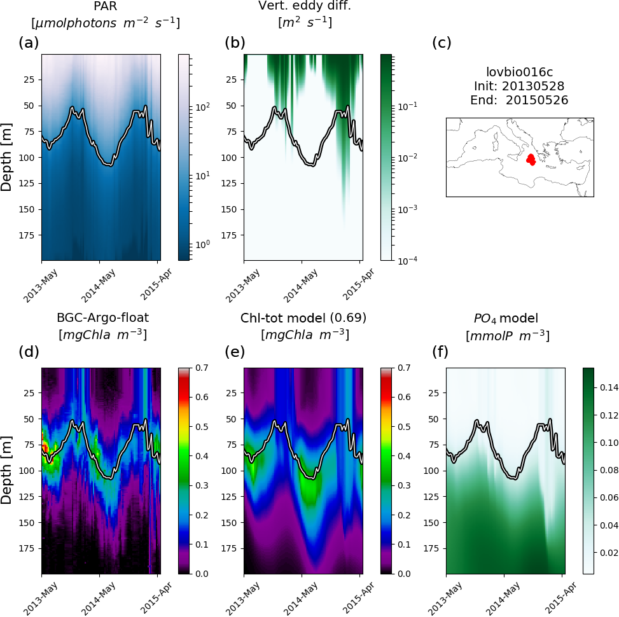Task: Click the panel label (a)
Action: click(29, 43)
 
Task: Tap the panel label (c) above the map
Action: click(442, 43)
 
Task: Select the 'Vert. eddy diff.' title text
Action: click(302, 6)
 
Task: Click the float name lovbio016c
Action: click(519, 72)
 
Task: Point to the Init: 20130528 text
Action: click(519, 86)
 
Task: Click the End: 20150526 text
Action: click(519, 100)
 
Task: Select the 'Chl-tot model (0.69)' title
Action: click(303, 317)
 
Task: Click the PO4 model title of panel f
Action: click(507, 317)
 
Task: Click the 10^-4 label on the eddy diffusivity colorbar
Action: click(408, 260)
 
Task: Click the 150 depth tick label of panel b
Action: click(230, 209)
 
